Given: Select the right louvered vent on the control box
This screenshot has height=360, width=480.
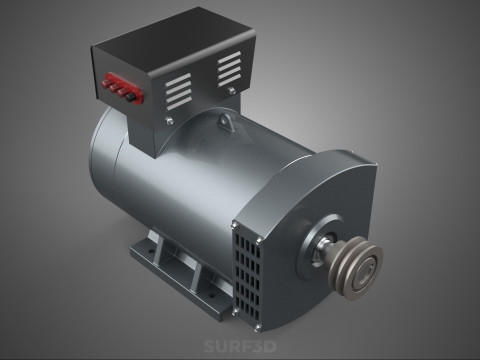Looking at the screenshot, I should click(230, 67).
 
